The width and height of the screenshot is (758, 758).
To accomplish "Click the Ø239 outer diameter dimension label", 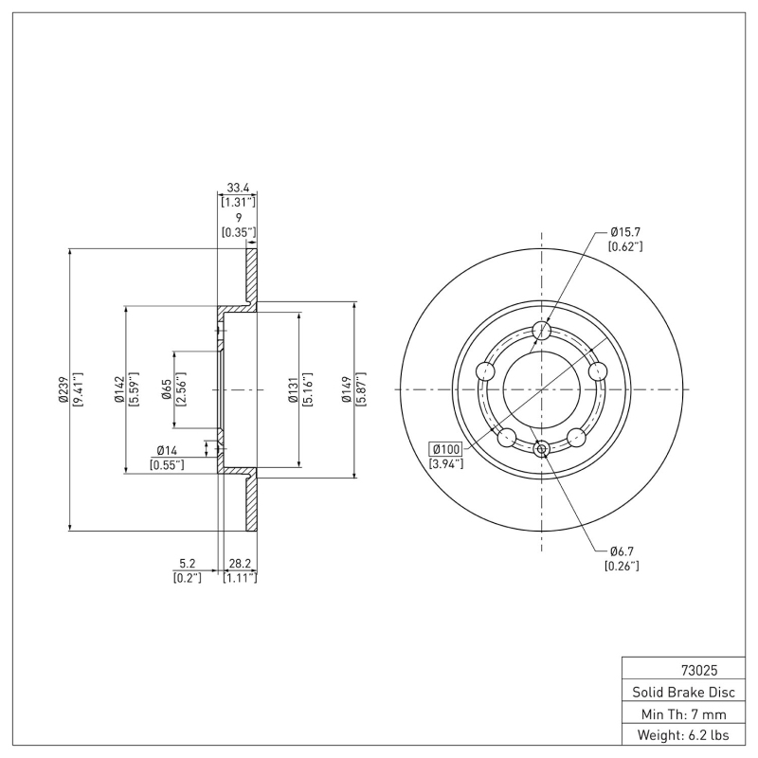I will point(63,389).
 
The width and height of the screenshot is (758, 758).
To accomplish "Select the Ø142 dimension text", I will point(119,389).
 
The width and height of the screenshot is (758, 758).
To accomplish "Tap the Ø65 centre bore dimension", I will point(166,389).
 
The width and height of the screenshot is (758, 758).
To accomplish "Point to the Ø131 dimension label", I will point(293,389).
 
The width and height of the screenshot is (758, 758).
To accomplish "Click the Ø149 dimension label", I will point(347,389).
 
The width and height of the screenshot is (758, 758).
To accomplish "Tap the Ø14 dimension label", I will point(170,451).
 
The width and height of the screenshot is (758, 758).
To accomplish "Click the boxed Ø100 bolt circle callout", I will point(446,448).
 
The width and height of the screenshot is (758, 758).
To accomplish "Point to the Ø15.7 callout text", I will point(625,231).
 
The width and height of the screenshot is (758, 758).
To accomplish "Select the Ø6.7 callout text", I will point(622,551).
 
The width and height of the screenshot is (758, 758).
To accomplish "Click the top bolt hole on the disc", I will point(542,331).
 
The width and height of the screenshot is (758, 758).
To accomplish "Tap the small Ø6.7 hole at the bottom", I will point(542,448).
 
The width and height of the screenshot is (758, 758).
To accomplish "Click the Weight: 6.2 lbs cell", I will point(682,735).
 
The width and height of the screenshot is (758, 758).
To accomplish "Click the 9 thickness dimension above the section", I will point(239,217).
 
